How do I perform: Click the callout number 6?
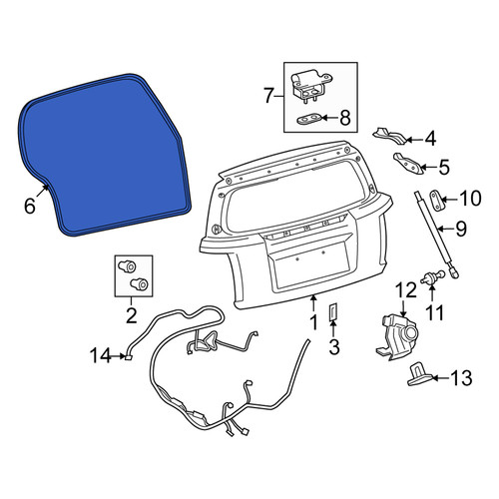(x=30, y=206)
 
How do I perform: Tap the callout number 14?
(x=100, y=356)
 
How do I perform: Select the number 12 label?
(x=405, y=290)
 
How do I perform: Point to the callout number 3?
(x=334, y=346)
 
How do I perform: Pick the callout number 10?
(x=470, y=199)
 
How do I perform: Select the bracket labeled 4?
(x=389, y=136)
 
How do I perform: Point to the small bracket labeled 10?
(x=435, y=201)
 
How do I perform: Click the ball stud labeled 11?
(x=432, y=277)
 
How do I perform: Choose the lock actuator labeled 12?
(x=397, y=336)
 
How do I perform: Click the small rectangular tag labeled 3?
(x=333, y=311)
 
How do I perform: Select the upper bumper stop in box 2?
(x=127, y=266)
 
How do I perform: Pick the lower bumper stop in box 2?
(x=139, y=284)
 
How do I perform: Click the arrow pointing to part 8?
(x=329, y=118)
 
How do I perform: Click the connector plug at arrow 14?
(x=129, y=357)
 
